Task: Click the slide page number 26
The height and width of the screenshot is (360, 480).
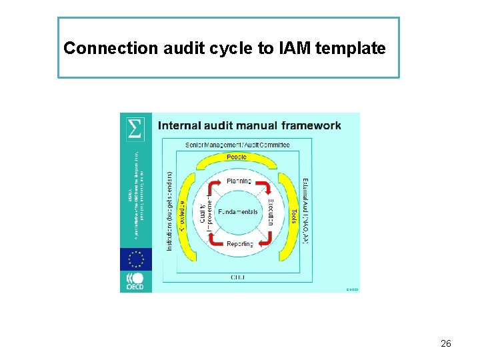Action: tap(446, 343)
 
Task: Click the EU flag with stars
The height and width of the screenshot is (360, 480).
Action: tap(136, 258)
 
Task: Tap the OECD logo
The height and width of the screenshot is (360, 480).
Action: tap(136, 281)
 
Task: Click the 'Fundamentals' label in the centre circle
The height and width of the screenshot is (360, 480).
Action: tap(238, 212)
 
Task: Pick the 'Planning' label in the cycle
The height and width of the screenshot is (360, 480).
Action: tap(239, 181)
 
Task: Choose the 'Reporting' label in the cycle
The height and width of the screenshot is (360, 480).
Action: tap(240, 244)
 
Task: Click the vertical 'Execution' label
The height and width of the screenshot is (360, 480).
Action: tap(271, 212)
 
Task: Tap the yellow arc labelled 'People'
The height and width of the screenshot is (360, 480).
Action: tap(237, 158)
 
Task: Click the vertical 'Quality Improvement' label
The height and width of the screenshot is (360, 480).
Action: tap(206, 212)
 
